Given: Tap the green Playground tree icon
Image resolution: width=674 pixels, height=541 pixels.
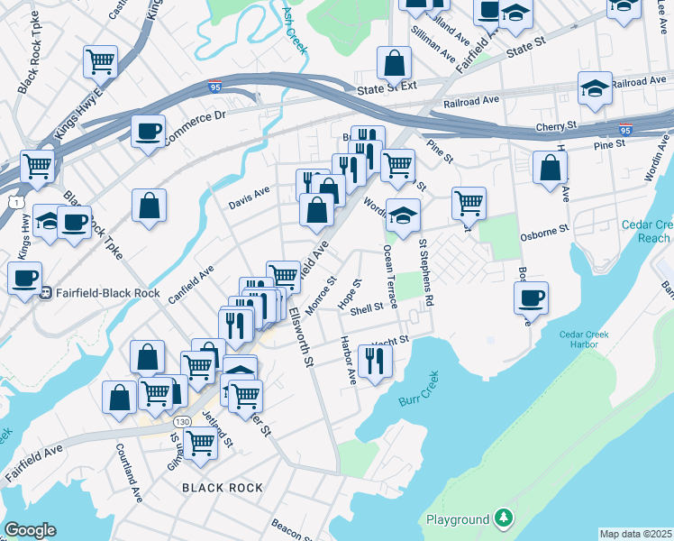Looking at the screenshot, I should click(505, 519).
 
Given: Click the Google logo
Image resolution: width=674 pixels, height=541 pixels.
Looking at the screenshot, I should click(30, 530).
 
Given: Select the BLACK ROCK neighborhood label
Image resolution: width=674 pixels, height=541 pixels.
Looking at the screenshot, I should click(223, 488).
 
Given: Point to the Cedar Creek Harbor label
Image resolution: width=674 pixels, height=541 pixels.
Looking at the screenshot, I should click(584, 340).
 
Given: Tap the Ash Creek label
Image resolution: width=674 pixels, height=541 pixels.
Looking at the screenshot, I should click(292, 28).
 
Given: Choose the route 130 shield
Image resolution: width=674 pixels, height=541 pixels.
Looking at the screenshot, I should click(183, 422).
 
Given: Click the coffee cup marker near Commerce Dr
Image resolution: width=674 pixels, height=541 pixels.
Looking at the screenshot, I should click(148, 132).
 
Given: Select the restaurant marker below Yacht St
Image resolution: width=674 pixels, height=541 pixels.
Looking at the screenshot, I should click(374, 361).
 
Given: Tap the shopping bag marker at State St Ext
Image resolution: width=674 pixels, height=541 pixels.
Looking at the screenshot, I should click(394, 63).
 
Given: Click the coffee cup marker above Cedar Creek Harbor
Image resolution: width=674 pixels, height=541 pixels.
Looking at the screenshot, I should click(532, 298).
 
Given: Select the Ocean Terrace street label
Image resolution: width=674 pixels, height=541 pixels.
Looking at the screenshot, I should click(389, 277).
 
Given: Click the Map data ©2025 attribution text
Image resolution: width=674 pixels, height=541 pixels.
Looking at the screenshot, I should click(636, 534).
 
